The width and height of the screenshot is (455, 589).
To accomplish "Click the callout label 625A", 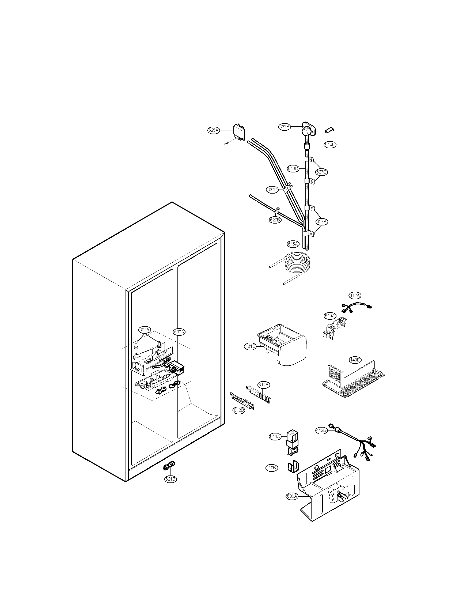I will (213, 130).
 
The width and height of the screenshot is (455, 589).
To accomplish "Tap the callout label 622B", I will (284, 126).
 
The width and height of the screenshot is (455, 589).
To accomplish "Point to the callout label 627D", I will (272, 190).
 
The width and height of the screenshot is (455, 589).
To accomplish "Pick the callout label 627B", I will (275, 220).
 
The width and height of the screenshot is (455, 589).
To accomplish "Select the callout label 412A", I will (355, 295).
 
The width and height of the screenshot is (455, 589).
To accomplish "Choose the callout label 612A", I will (263, 385).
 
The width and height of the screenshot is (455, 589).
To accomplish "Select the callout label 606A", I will (292, 496).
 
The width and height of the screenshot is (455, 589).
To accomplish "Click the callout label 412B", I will (321, 431).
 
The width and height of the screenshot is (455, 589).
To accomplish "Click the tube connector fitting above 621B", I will (169, 467).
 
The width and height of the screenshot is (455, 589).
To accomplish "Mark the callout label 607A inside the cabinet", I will (145, 330).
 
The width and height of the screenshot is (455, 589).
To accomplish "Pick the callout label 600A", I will (179, 332).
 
